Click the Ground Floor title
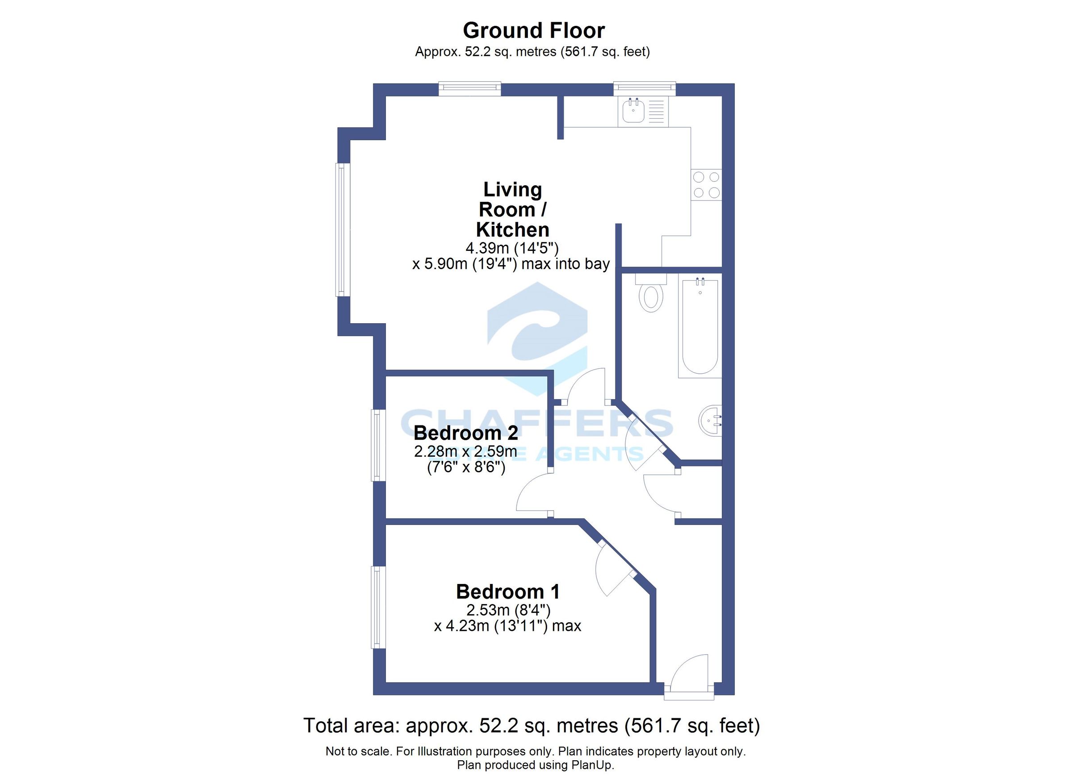click(534, 31)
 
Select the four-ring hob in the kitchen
click(706, 185)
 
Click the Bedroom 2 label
click(465, 433)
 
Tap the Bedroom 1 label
click(508, 592)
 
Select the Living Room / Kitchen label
click(512, 210)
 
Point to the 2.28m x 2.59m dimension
click(465, 452)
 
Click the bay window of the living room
click(343, 229)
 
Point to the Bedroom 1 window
click(378, 607)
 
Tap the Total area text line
click(531, 725)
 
